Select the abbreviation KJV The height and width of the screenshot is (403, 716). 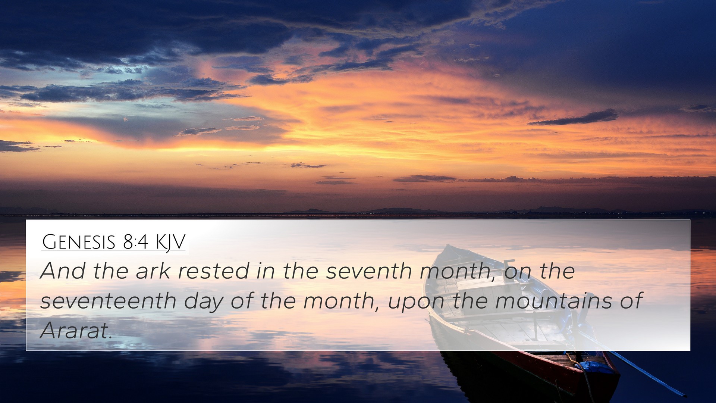click(170, 243)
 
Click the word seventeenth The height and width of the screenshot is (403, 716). click(108, 301)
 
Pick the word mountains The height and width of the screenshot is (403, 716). click(554, 301)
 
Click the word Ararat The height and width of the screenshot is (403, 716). click(76, 330)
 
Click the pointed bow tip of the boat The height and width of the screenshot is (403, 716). click(447, 246)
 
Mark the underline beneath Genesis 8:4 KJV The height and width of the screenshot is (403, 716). click(113, 250)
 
